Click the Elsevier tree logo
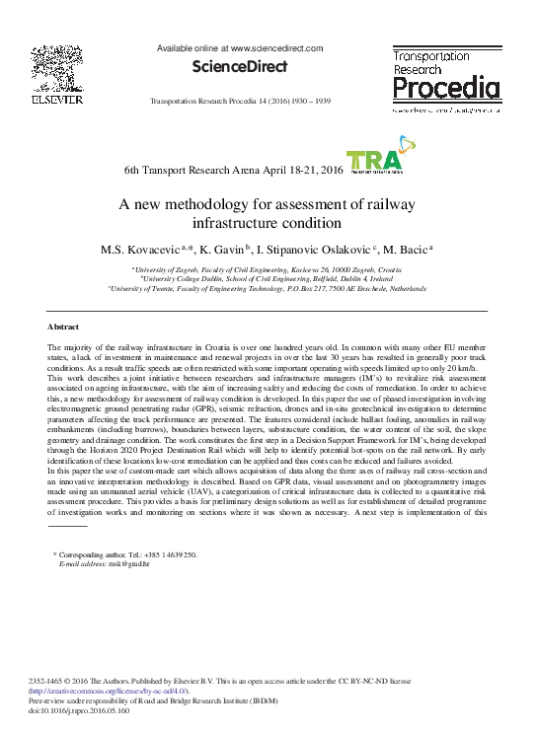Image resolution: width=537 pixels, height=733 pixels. [57, 68]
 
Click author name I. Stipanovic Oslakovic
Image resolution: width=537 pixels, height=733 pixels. [315, 250]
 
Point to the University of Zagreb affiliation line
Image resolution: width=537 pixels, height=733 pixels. [268, 269]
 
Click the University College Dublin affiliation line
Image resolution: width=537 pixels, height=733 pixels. [268, 279]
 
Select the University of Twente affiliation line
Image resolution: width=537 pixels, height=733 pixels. [268, 288]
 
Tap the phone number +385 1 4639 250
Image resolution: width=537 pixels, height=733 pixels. [175, 555]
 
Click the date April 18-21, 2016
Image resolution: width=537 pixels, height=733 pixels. [291, 171]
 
